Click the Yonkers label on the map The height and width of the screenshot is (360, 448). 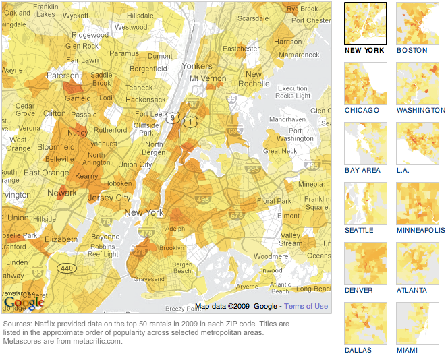point(197,67)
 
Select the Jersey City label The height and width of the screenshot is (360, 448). point(109,198)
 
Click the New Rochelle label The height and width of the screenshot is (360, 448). point(254,79)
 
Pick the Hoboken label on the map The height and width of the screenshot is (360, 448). point(117,183)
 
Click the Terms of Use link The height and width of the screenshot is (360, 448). point(306,306)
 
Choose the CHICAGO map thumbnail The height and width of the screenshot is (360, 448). point(365,83)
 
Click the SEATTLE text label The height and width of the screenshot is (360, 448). point(359,230)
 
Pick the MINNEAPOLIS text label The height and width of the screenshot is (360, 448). point(421,230)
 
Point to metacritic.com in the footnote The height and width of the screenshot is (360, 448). point(100,340)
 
